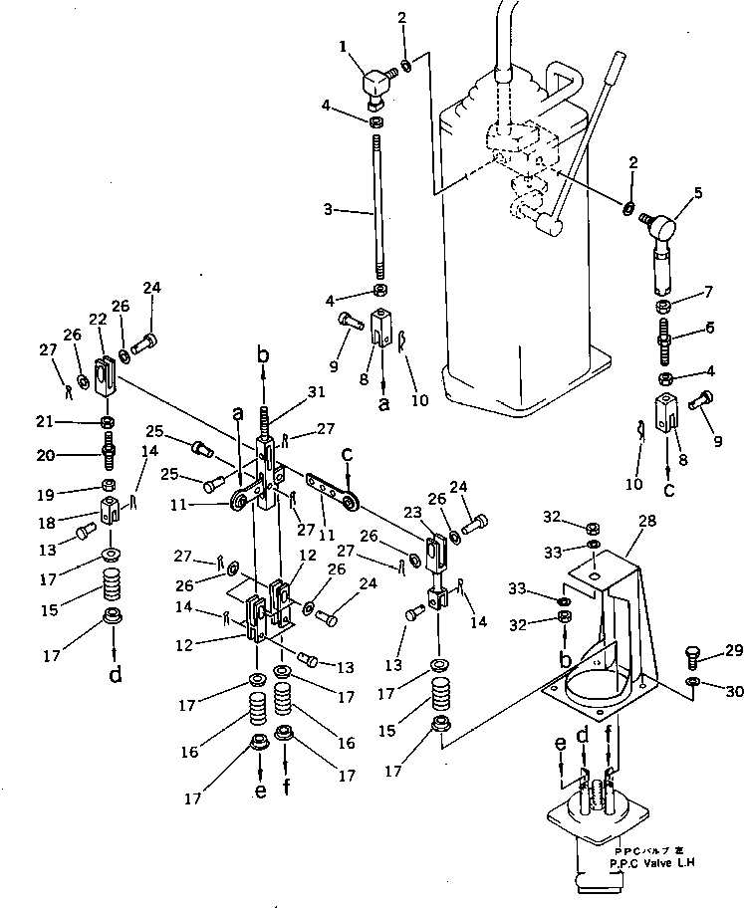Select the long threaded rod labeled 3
(378, 209)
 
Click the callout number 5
(697, 194)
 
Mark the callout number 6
(710, 327)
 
